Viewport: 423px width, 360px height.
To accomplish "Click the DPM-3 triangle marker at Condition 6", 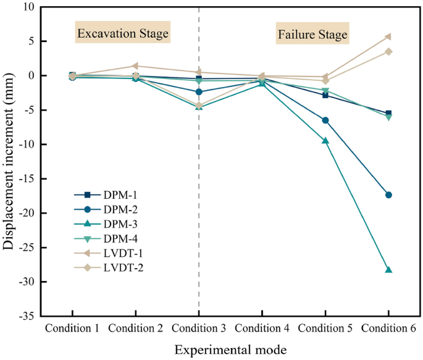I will [388, 270].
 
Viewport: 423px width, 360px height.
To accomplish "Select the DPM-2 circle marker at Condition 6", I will [388, 195].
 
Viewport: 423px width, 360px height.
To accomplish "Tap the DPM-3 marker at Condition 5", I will [325, 141].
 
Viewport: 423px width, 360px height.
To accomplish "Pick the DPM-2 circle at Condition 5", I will [325, 120].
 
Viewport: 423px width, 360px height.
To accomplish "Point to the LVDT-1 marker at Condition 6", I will [388, 36].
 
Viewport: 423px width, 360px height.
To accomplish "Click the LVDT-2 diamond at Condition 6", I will [388, 51].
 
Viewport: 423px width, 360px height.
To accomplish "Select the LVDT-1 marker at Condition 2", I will [135, 66].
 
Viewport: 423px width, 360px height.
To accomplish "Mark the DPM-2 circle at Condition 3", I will [198, 91].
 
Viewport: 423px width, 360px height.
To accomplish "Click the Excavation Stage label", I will [122, 33].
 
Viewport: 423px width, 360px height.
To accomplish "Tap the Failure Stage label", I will [312, 33].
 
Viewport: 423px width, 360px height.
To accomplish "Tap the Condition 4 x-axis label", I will [262, 327].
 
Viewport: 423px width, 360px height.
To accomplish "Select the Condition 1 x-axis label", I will [72, 327].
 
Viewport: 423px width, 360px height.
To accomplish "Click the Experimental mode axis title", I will [230, 350].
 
